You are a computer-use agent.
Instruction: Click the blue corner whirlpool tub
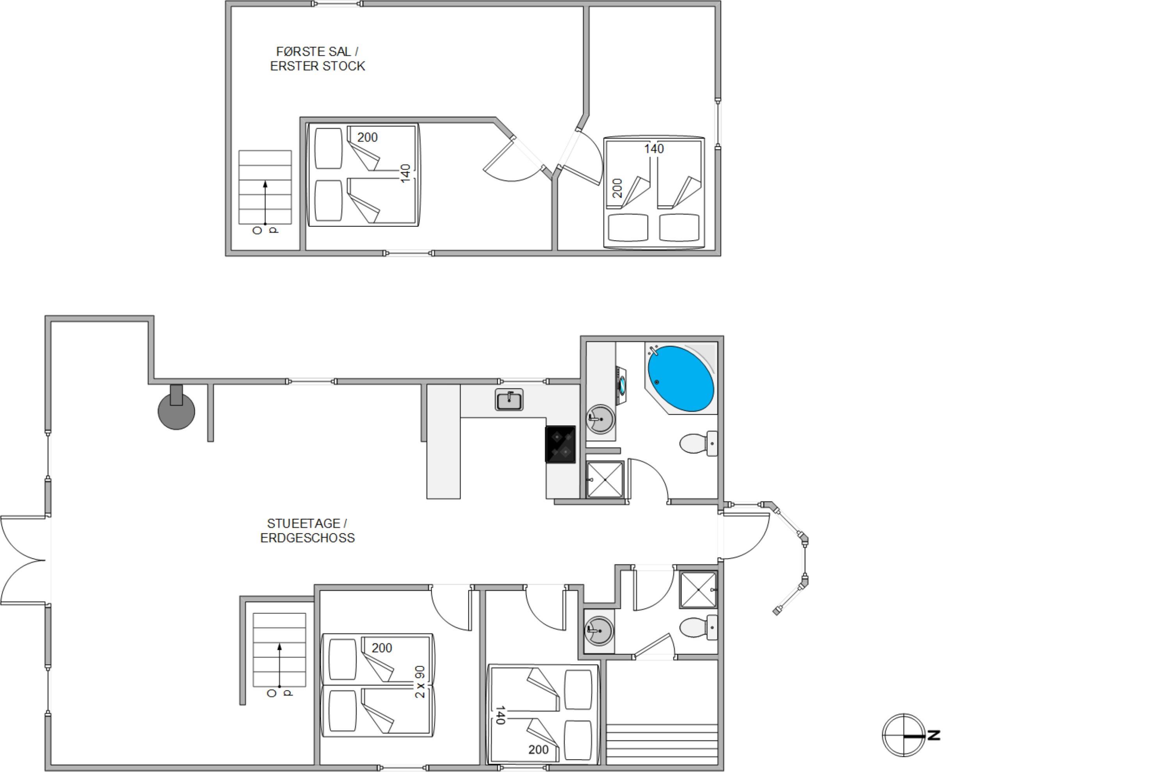click(x=681, y=378)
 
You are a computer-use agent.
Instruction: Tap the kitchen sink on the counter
click(x=509, y=399)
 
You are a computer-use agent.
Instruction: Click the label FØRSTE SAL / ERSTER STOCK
click(x=318, y=59)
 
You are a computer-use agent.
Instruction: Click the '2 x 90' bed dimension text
click(x=420, y=682)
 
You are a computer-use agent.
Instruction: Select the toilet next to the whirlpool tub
click(x=699, y=443)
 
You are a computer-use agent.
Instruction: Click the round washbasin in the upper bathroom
click(x=601, y=419)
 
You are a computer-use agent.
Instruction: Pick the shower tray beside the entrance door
click(x=699, y=590)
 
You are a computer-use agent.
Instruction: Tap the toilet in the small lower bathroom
click(x=699, y=628)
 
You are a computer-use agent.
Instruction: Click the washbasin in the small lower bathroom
click(x=599, y=631)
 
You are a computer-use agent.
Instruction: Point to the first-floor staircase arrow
click(x=265, y=203)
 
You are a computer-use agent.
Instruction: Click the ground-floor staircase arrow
click(x=280, y=665)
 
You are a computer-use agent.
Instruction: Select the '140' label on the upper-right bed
click(x=654, y=148)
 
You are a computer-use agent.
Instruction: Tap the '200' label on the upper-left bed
click(x=367, y=137)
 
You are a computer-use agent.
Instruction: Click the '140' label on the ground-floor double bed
click(x=500, y=715)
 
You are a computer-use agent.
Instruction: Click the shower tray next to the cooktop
click(x=605, y=479)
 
